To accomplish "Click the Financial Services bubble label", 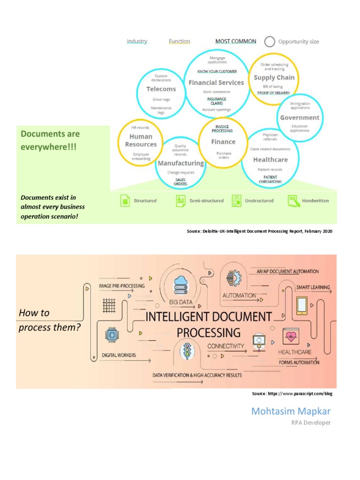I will coord(216,82).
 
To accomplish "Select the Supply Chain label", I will coord(274,78).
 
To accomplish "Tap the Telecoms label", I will coord(161,89).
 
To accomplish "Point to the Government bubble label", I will coord(300,118).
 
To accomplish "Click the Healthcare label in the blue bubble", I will coord(270,159).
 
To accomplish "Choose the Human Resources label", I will coord(141,141).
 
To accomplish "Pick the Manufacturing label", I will coord(180,163).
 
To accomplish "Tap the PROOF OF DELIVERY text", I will coord(274,93).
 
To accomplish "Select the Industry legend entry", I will coord(137,41).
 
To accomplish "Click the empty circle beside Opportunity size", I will coord(270,42).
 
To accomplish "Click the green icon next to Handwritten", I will coord(293,201).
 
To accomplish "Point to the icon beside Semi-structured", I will coord(181,201).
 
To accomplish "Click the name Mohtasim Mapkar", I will coord(291,412).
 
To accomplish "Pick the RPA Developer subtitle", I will coord(311,423).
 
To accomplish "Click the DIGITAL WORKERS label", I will coord(119,355).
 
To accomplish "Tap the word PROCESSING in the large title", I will coord(208,333).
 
